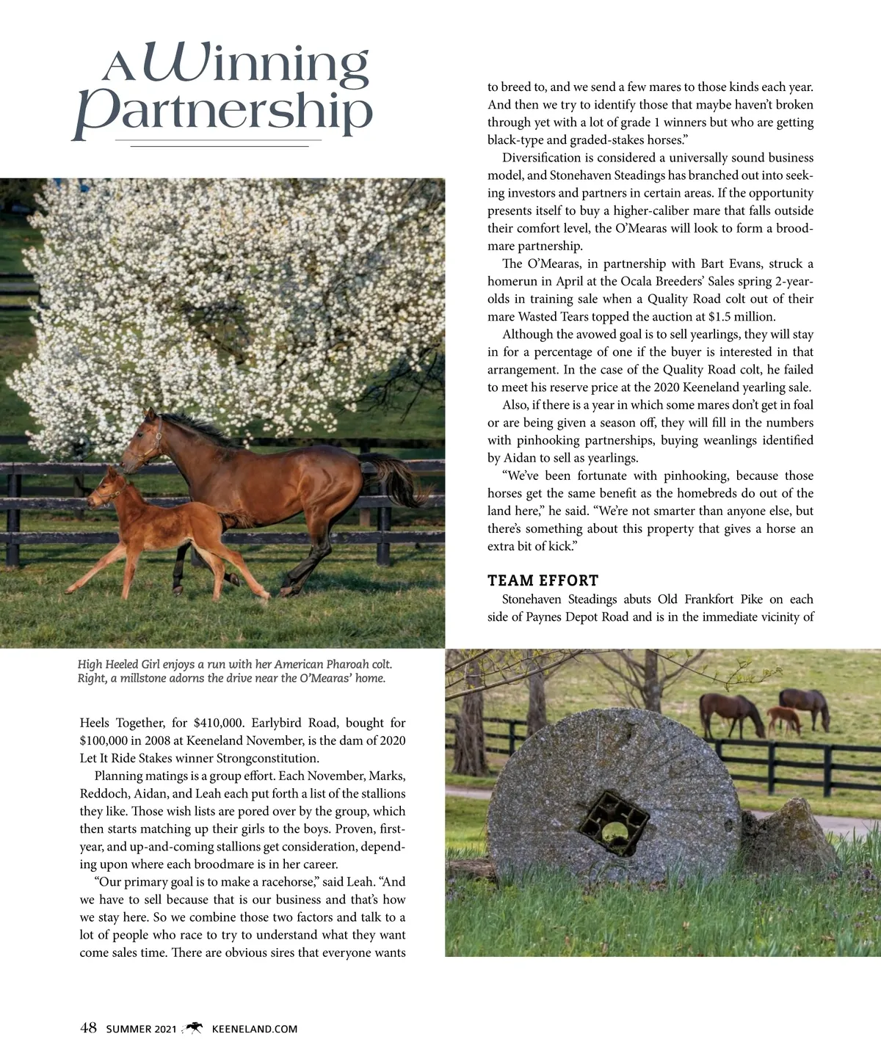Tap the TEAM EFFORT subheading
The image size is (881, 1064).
coord(543,580)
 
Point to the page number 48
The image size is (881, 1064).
coord(88,1028)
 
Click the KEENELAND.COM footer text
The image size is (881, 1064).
coord(255,1029)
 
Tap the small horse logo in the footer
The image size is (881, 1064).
coord(194,1028)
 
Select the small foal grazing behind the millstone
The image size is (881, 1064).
coord(784,720)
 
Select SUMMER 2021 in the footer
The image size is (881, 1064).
coord(141,1029)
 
